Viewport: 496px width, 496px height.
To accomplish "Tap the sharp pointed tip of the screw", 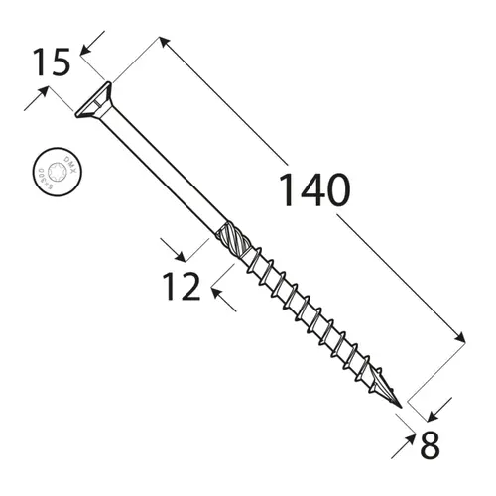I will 399,407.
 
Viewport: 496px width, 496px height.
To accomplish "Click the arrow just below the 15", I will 41,93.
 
